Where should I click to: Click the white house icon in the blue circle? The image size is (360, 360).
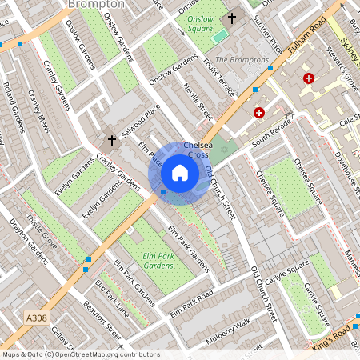click(180, 173)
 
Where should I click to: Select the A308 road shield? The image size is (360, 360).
click(37, 318)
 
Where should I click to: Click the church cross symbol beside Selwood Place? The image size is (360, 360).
click(111, 141)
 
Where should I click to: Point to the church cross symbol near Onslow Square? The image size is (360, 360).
click(233, 18)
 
